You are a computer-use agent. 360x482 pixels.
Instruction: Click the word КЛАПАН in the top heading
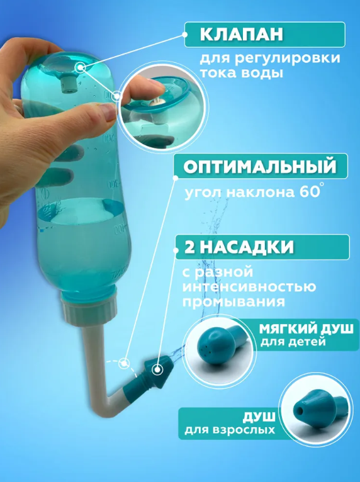[x=241, y=34]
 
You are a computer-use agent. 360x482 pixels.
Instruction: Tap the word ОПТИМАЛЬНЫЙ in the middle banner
[x=260, y=166]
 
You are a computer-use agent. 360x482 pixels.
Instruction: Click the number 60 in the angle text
[x=308, y=192]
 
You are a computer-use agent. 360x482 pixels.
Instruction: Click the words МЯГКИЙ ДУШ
[x=307, y=329]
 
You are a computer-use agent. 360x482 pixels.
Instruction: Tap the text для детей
[x=293, y=342]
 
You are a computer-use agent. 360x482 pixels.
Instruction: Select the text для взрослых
[x=230, y=430]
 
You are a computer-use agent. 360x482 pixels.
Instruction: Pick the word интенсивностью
[x=249, y=287]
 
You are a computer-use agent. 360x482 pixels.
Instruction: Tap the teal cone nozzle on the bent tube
[x=158, y=370]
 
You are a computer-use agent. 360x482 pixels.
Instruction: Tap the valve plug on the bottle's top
[x=68, y=85]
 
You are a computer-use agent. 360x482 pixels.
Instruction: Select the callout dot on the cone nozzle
[x=157, y=369]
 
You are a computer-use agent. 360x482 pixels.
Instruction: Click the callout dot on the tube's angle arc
[x=124, y=363]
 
